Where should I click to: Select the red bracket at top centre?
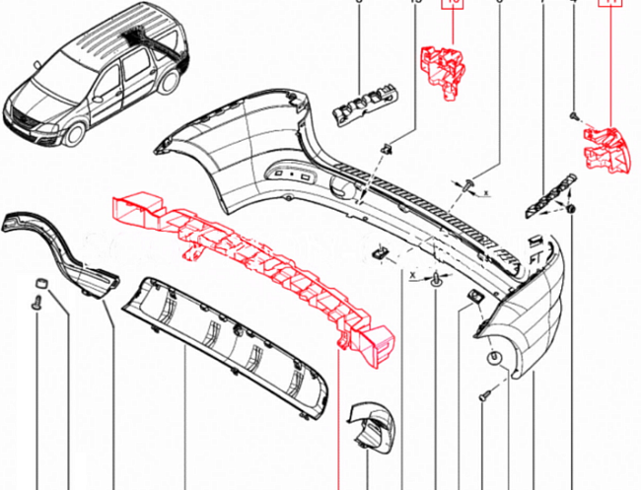(x=446, y=71)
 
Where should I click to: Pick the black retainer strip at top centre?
(x=367, y=104)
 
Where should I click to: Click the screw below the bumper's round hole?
(x=484, y=396)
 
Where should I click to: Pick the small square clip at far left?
(x=41, y=284)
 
